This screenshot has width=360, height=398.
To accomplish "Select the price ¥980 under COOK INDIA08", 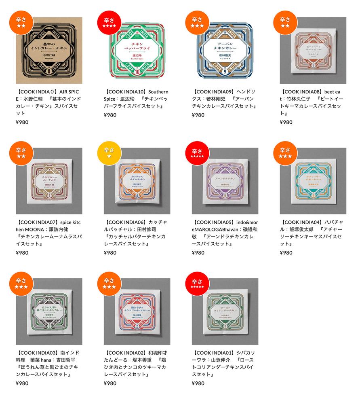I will tap(286, 122).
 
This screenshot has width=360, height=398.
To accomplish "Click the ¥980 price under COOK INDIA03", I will tap(22, 383).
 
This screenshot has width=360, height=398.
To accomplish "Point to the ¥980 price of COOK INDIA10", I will tap(110, 115).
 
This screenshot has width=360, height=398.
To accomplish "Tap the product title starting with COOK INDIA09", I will tap(225, 99).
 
